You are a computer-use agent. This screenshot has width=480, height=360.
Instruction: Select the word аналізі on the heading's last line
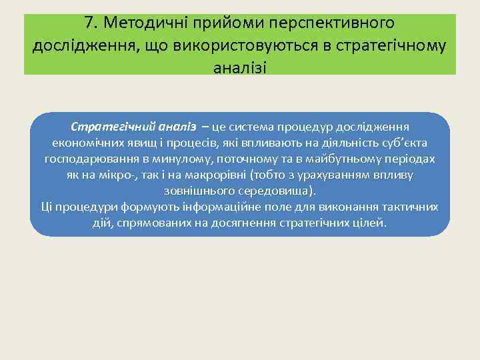240,67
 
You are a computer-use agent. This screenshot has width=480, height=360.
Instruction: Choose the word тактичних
411,207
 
